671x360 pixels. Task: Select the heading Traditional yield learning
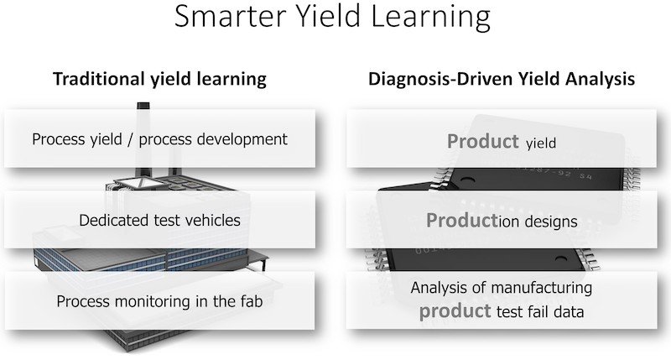[159, 80]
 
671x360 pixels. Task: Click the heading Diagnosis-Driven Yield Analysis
[502, 80]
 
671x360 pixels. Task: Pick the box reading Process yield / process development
[159, 138]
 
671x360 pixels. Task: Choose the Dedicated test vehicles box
[159, 221]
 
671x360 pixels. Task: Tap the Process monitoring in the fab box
[159, 301]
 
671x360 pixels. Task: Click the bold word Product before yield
[482, 142]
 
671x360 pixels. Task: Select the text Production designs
[501, 222]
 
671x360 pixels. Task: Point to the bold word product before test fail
[455, 311]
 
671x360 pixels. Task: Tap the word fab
[249, 301]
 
